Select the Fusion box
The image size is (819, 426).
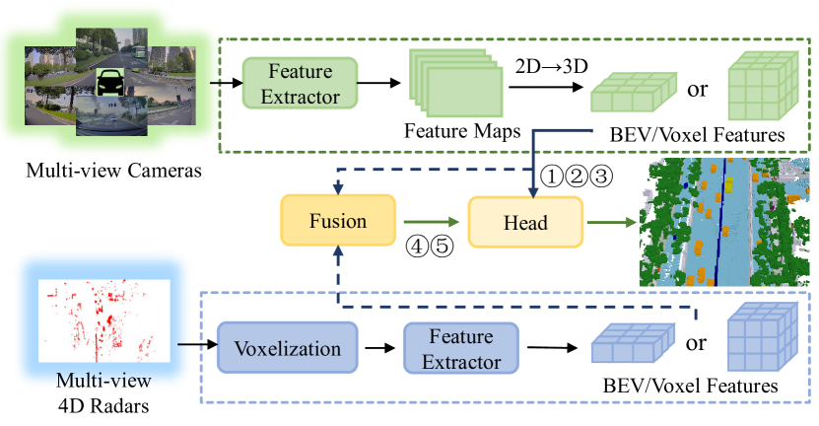coord(337,222)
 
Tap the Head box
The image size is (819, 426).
coord(525,222)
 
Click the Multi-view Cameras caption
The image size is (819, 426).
coord(102,171)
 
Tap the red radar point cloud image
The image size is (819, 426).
coord(102,319)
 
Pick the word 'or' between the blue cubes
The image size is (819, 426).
coord(697,346)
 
